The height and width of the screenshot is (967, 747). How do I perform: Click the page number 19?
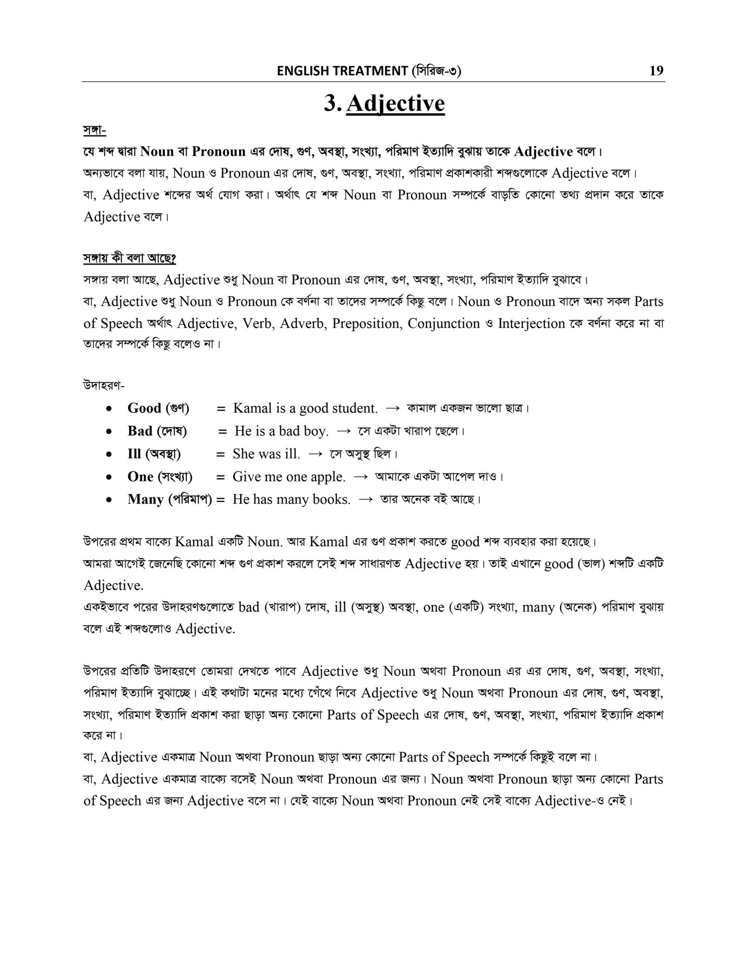tap(656, 71)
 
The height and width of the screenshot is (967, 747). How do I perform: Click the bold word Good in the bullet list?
tap(144, 408)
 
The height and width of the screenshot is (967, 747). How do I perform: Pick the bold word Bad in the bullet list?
tap(140, 431)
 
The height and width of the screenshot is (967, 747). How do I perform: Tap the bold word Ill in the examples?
tap(134, 453)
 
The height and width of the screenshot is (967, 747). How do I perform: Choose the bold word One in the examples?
tap(141, 476)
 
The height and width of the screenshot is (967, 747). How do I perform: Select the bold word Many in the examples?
tap(146, 499)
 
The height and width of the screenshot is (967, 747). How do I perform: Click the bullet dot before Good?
tap(109, 409)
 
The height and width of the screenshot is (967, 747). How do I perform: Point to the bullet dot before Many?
tap(109, 500)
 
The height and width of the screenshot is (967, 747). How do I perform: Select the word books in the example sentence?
tap(331, 500)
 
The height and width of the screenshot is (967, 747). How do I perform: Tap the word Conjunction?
tap(444, 323)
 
